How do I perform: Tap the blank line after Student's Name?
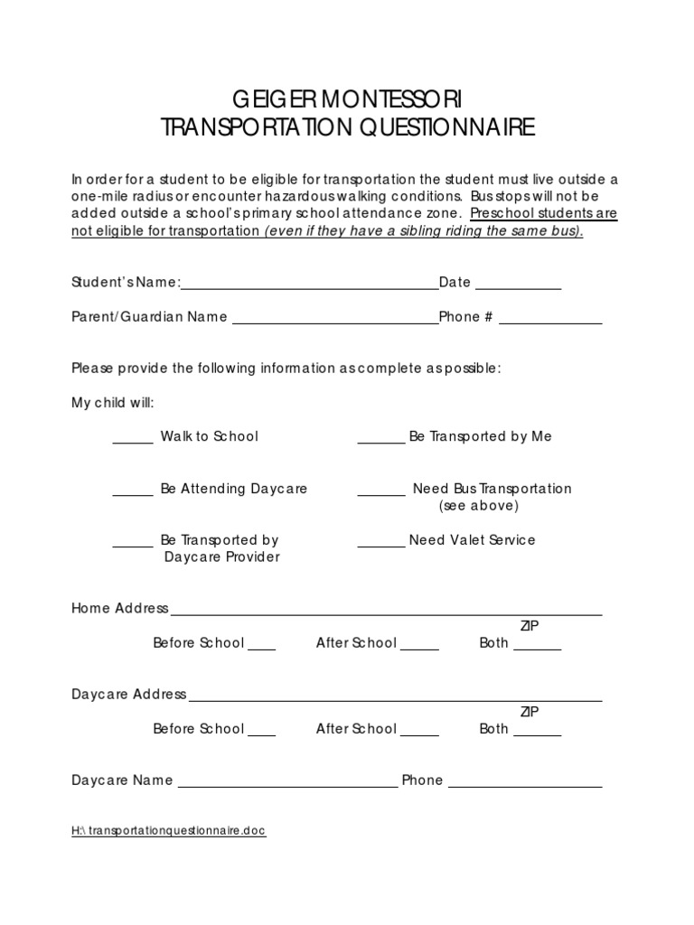pyautogui.click(x=310, y=286)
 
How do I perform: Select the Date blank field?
pyautogui.click(x=518, y=286)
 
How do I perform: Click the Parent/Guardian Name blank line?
pyautogui.click(x=334, y=321)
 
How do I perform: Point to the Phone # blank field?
pyautogui.click(x=550, y=321)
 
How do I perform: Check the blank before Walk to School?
pyautogui.click(x=133, y=441)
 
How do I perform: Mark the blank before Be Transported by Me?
pyautogui.click(x=381, y=441)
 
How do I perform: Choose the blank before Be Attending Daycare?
pyautogui.click(x=133, y=493)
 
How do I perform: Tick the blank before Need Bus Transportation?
pyautogui.click(x=381, y=493)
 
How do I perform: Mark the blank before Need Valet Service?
pyautogui.click(x=381, y=545)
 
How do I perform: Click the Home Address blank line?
pyautogui.click(x=387, y=612)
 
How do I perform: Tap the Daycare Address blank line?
pyautogui.click(x=396, y=698)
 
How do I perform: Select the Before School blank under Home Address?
pyautogui.click(x=261, y=648)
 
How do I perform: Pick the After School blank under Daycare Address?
pyautogui.click(x=419, y=733)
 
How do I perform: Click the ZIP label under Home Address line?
pyautogui.click(x=530, y=626)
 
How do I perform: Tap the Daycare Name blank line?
pyautogui.click(x=287, y=785)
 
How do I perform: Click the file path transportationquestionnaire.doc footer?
pyautogui.click(x=169, y=831)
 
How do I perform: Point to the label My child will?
pyautogui.click(x=113, y=403)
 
